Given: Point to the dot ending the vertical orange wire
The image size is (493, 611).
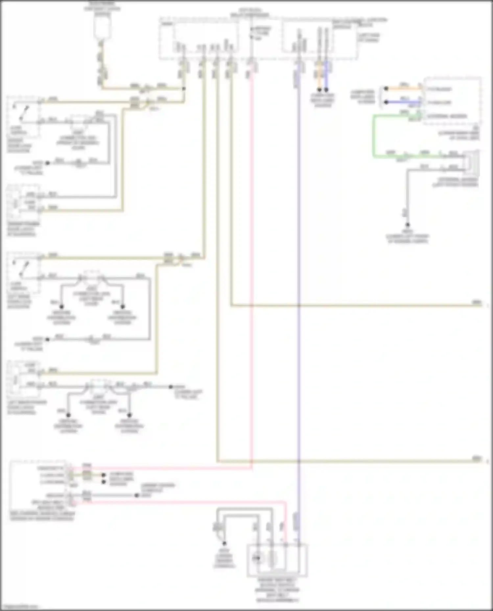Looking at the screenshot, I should [x=319, y=89].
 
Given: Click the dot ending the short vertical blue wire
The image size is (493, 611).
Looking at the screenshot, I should [x=326, y=89].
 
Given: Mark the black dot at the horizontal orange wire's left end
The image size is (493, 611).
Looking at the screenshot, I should [x=386, y=88].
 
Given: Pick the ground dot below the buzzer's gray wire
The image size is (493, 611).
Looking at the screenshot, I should [x=408, y=225].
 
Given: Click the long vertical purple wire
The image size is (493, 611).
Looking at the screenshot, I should [x=299, y=295].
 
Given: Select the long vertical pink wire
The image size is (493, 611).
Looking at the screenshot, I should [x=252, y=263].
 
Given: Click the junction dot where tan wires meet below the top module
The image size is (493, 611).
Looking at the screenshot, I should [x=184, y=89].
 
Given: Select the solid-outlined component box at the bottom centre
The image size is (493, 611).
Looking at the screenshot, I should [x=277, y=560].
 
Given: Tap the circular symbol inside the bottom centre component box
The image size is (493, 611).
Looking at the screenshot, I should [x=257, y=558].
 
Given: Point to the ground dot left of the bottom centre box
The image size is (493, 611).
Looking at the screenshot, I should [x=224, y=543].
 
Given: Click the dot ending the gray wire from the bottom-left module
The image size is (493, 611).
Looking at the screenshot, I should [x=137, y=495].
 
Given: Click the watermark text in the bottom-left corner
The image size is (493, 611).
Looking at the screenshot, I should [x=20, y=607].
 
